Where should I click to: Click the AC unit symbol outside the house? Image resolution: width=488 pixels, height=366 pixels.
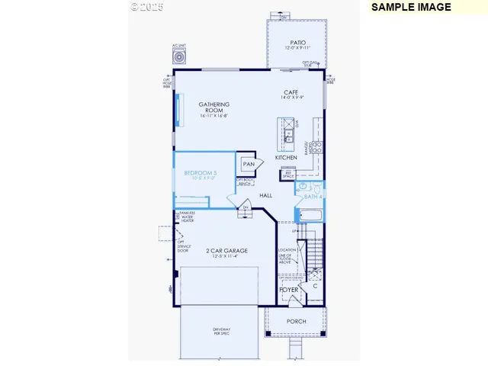[x=180, y=56]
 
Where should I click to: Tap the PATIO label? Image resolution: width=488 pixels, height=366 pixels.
[x=298, y=43]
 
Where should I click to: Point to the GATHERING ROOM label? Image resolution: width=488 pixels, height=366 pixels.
[x=214, y=107]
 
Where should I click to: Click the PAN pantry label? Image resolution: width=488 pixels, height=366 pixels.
[x=249, y=164]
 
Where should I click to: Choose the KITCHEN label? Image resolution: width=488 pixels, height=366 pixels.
[x=286, y=158]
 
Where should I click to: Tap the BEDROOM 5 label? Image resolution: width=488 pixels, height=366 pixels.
[x=200, y=173]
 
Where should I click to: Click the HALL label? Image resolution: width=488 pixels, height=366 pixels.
[x=266, y=196]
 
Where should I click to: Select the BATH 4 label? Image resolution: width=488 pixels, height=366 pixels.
[x=313, y=197]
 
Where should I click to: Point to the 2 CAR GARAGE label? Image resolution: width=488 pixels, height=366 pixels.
[x=226, y=250]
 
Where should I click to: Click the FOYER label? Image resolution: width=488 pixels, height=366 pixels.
[x=288, y=290]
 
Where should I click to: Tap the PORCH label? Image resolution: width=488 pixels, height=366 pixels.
[x=296, y=321]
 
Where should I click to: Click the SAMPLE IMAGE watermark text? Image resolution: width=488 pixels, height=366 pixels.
[x=412, y=7]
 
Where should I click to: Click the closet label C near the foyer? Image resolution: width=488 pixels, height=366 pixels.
[x=314, y=287]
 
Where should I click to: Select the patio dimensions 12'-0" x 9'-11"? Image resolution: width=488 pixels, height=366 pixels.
[x=298, y=49]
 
